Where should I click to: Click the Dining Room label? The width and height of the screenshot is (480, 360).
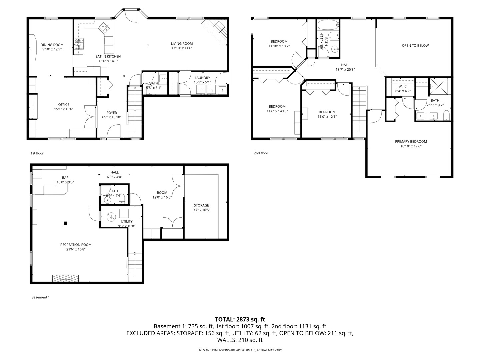pos(52,45)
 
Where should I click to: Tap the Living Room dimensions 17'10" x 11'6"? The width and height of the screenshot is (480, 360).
pos(182,48)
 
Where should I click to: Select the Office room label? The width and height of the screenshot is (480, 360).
pos(64,105)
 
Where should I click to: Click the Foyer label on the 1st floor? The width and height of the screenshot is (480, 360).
pos(112,113)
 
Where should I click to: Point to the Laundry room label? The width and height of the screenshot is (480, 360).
pos(202,78)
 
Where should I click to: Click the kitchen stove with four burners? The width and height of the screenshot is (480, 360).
pos(79,44)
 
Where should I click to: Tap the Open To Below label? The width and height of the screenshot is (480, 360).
pos(415,45)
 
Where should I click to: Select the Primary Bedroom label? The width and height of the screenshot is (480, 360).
pos(411,141)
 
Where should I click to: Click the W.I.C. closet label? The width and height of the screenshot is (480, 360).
pos(403,86)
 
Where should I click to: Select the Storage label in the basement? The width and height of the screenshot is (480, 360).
pos(201,205)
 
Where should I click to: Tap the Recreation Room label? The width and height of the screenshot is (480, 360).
pos(76,245)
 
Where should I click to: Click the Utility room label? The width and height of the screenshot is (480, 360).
pos(127,221)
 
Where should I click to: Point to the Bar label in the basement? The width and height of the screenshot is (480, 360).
pos(65,178)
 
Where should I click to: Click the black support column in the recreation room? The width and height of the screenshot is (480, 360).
pos(66,223)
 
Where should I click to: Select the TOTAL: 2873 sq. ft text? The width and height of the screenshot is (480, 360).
pos(240,319)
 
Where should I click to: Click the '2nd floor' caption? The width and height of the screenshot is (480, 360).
pos(261,153)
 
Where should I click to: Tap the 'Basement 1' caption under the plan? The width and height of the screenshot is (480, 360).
pos(40,297)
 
